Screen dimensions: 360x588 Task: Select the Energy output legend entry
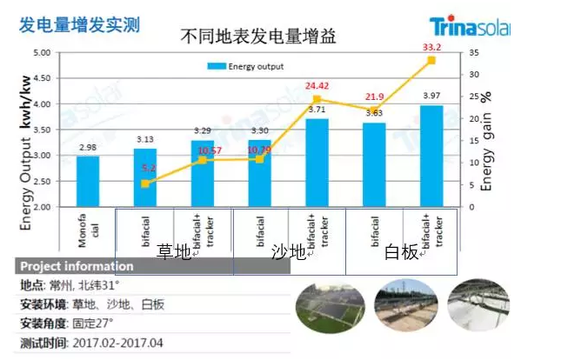[246, 66]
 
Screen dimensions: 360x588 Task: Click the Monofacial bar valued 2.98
[87, 181]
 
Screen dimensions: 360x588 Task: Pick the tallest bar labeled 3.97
[431, 156]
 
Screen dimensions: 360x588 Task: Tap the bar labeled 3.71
[317, 163]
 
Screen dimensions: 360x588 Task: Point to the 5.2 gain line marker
[145, 184]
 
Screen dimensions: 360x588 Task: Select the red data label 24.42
[317, 86]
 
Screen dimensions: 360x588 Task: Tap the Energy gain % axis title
[487, 140]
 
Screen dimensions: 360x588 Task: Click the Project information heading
[77, 267]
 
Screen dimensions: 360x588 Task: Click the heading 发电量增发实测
[79, 25]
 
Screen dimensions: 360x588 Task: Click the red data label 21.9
[375, 97]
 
